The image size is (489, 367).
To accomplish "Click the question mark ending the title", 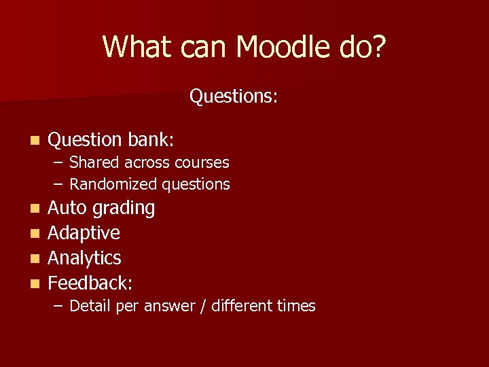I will pos(378,47).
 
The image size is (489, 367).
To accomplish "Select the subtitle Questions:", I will pos(233,97).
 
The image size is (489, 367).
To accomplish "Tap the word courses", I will pos(202,163).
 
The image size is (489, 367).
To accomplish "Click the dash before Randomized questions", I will pos(59,184).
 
